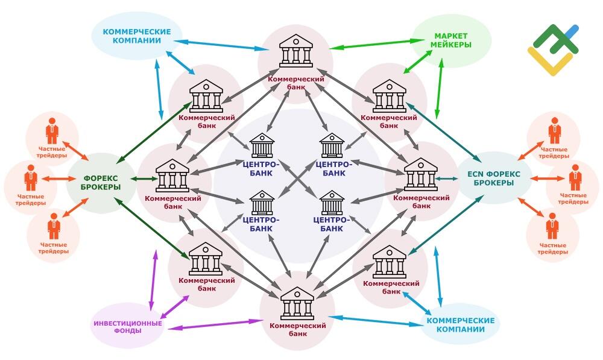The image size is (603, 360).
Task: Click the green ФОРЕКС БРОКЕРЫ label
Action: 102,183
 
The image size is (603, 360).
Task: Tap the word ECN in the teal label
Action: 475,174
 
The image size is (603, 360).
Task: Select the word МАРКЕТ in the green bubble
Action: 450,36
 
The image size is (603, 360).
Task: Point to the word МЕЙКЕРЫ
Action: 450,45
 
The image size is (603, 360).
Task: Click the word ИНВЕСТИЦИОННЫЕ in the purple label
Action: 128,323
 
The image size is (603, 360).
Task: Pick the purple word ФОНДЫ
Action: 128,331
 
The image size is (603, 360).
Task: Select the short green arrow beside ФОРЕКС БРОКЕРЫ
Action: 144,179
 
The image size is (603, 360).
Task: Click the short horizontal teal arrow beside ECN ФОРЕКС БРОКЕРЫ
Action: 446,178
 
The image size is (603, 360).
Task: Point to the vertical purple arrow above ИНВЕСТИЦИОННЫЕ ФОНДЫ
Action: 153,281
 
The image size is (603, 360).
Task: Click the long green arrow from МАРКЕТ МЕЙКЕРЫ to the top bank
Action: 371,44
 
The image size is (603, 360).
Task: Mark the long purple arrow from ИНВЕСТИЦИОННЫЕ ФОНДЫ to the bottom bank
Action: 215,324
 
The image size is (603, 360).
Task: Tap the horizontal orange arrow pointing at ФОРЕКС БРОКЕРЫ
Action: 58,179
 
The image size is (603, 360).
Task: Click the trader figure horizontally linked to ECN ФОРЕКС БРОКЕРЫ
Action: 575,177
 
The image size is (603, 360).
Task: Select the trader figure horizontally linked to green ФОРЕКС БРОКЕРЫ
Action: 31,178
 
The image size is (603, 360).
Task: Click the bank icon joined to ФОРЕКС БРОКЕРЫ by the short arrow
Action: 172,175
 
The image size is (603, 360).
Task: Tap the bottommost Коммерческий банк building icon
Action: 297,303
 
